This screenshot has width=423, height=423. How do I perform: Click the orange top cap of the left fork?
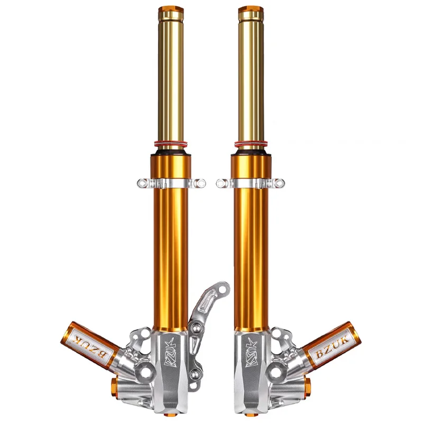pos(170,9)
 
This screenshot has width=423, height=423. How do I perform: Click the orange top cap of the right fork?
pos(250,9)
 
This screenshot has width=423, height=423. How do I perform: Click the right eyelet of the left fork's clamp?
pos(200,183)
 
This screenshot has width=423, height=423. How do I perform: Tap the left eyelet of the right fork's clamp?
pos(222,183)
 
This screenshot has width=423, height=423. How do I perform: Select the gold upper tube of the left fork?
pos(170,79)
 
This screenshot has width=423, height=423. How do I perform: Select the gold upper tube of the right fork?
pos(250,79)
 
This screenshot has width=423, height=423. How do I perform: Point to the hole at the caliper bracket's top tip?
pos(222,289)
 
